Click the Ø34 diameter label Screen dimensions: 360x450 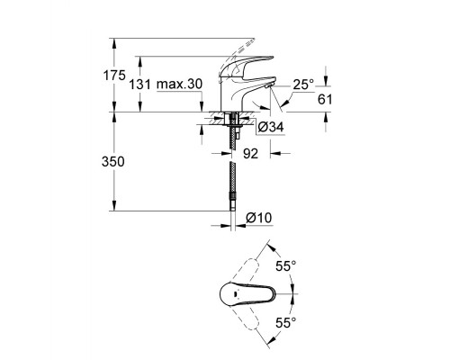tap(271, 127)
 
